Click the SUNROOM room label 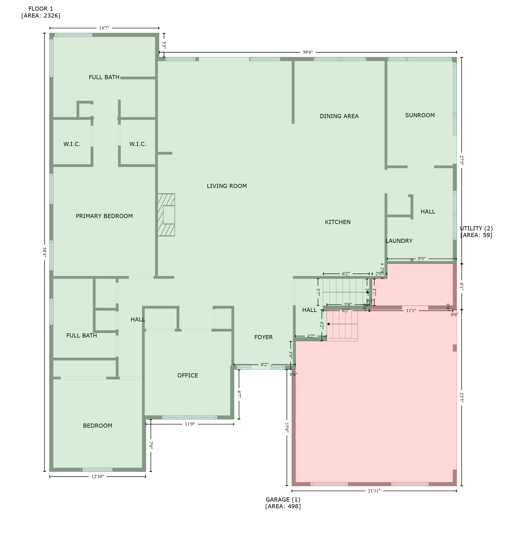420,115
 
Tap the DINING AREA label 339,116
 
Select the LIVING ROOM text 227,186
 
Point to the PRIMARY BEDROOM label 104,216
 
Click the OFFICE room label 188,376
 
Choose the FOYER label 263,337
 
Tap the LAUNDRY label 399,241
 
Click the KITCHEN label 338,222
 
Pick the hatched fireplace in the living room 166,215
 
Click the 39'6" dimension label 308,52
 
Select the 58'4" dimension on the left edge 45,252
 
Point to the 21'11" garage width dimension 374,491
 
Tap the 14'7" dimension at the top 104,28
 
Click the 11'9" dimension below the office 190,424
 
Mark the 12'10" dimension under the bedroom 97,477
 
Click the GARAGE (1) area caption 283,503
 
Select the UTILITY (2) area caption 476,232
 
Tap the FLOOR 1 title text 41,12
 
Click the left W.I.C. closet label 72,144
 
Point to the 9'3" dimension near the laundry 421,259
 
